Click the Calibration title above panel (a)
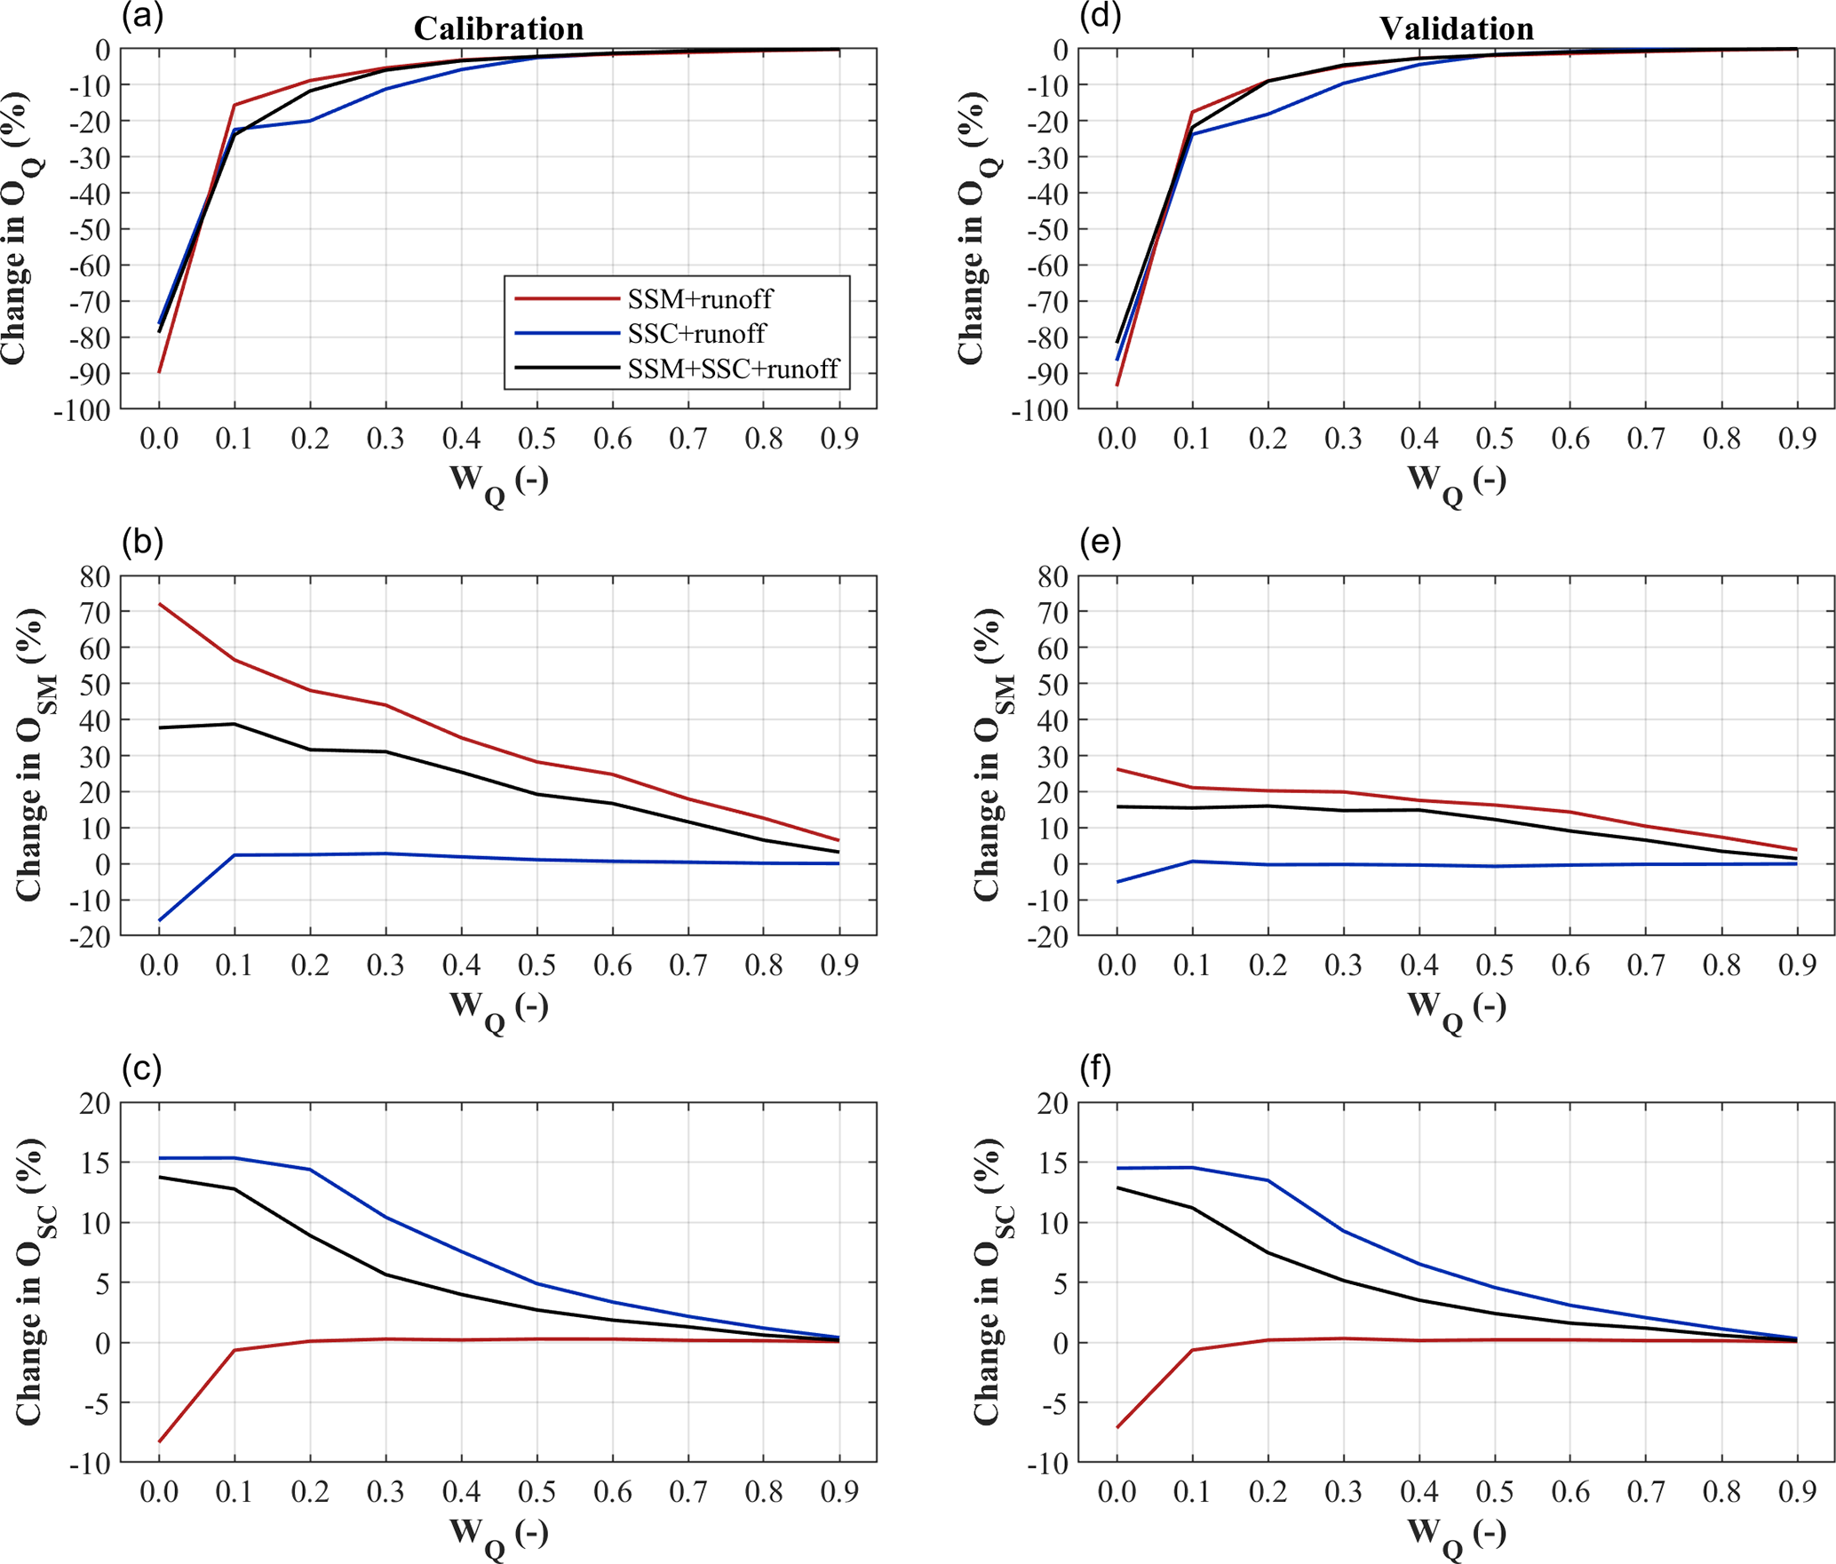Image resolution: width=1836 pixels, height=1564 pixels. tap(498, 29)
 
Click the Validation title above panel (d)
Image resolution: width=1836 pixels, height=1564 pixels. tap(1456, 29)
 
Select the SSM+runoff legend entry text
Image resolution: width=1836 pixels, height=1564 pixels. tap(700, 299)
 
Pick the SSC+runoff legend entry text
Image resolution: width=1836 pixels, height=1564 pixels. tap(696, 334)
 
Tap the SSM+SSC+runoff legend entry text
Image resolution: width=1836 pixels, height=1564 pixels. tap(733, 369)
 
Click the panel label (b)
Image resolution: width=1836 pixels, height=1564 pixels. tap(142, 542)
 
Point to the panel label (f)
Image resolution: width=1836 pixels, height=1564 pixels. tap(1096, 1069)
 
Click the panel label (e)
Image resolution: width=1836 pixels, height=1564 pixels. tap(1100, 542)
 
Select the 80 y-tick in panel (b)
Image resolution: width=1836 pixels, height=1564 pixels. tap(94, 576)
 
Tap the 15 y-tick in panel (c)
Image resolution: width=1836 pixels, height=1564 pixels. tap(94, 1163)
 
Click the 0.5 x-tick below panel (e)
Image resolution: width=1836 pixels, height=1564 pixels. tap(1495, 965)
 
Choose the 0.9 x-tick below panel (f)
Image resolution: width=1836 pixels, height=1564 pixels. tap(1797, 1492)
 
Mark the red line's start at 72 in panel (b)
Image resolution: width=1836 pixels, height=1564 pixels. tap(160, 605)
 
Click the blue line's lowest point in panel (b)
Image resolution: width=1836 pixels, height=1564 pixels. tap(160, 920)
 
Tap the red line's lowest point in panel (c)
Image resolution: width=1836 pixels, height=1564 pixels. tap(160, 1441)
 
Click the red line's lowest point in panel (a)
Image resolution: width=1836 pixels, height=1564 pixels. tap(160, 372)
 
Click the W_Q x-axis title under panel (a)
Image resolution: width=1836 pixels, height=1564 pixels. tap(498, 482)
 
